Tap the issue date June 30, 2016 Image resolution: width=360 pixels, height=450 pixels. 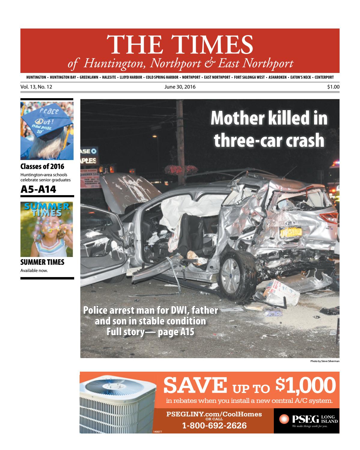[180, 87]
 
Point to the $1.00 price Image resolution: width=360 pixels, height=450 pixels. [333, 87]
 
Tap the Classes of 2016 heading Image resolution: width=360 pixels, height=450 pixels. [42, 167]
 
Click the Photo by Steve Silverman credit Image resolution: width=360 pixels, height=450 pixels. [325, 361]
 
